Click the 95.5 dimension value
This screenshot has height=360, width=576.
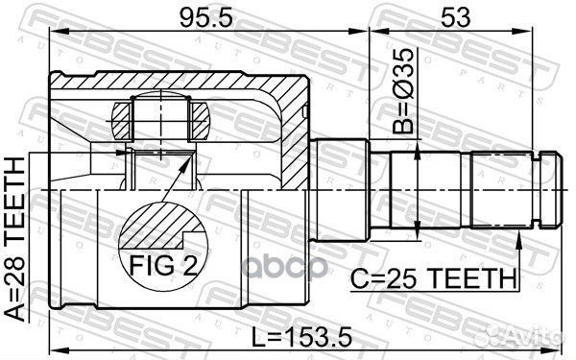pyautogui.click(x=206, y=17)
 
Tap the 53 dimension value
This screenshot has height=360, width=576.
pyautogui.click(x=455, y=17)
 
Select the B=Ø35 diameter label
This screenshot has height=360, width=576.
pyautogui.click(x=403, y=91)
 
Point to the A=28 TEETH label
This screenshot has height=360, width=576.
pyautogui.click(x=14, y=239)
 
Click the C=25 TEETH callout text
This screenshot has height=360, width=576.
pyautogui.click(x=434, y=278)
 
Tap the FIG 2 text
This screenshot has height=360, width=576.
pyautogui.click(x=163, y=265)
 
